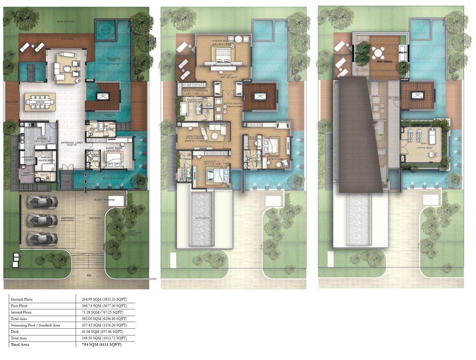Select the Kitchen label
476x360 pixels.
(42, 138)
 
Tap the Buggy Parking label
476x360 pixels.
(104, 200)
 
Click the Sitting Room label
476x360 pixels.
(232, 103)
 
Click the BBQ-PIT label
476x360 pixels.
(403, 52)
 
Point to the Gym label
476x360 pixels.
(423, 143)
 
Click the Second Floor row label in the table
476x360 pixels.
(21, 312)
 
